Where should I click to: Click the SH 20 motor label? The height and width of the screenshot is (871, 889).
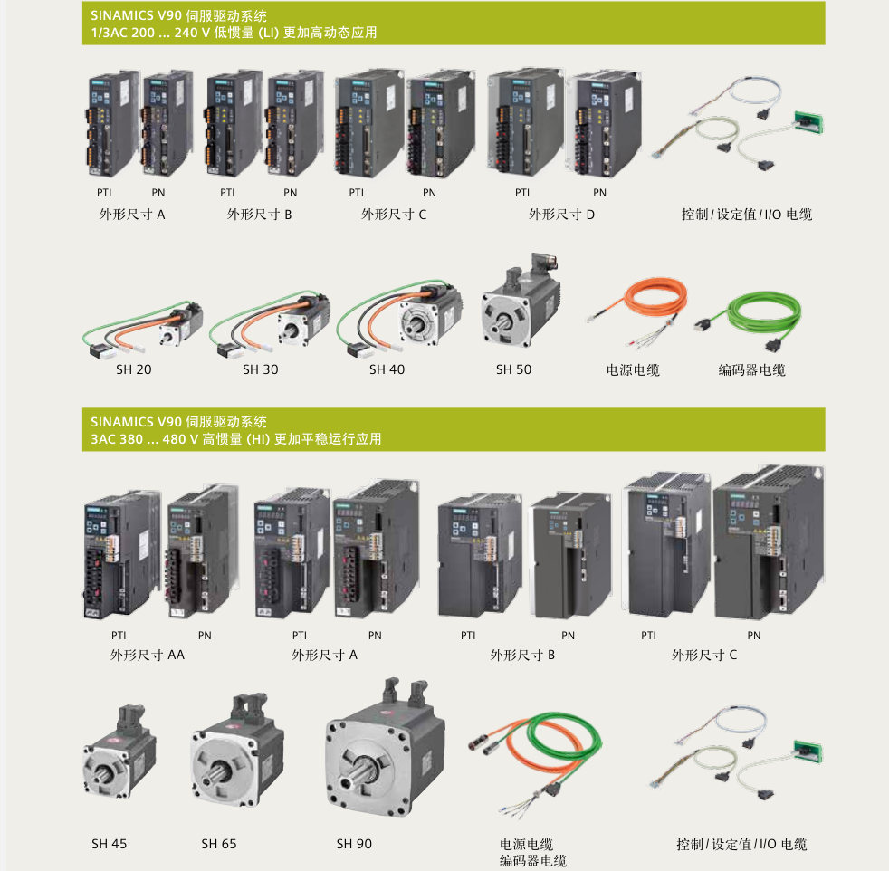(134, 369)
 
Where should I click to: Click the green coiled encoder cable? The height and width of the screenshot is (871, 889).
(750, 321)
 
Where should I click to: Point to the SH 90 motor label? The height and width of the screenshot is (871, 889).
(354, 844)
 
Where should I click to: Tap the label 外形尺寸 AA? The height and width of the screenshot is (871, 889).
(148, 655)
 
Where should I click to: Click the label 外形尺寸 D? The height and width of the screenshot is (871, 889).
(561, 215)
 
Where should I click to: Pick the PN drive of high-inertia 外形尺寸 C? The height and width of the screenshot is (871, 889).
(769, 542)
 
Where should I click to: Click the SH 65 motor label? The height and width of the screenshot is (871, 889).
(219, 844)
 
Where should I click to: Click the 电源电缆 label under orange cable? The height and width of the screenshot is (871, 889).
(633, 370)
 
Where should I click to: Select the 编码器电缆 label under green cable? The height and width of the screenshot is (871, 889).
(751, 370)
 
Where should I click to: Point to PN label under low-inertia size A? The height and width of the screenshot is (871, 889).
(158, 193)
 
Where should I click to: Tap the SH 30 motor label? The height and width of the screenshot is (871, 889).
(260, 369)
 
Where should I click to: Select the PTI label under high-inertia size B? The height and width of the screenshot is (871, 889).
(468, 636)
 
